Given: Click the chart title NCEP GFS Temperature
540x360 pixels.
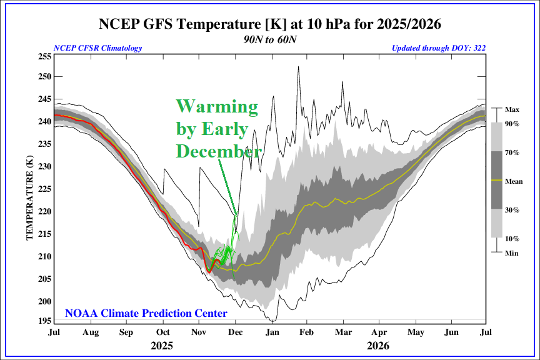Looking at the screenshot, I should pyautogui.click(x=270, y=24).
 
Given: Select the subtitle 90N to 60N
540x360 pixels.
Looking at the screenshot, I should pyautogui.click(x=270, y=38).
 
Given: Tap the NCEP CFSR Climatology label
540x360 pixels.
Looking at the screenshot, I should pyautogui.click(x=98, y=48).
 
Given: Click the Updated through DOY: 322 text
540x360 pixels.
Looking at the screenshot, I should pyautogui.click(x=439, y=48).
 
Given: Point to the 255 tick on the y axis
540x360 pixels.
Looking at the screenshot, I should pyautogui.click(x=44, y=56).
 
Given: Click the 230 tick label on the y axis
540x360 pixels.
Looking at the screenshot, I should pyautogui.click(x=44, y=166).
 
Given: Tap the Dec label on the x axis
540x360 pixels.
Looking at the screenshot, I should pyautogui.click(x=236, y=332).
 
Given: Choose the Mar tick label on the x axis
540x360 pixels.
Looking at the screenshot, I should pyautogui.click(x=342, y=332).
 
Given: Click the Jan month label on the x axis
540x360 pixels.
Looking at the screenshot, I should pyautogui.click(x=272, y=332).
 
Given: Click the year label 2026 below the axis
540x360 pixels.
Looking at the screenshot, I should pyautogui.click(x=379, y=345).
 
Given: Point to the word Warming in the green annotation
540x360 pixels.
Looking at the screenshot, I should pyautogui.click(x=216, y=107).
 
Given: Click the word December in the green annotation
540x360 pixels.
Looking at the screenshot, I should pyautogui.click(x=217, y=152).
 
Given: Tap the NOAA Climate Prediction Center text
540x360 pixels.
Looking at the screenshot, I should pyautogui.click(x=146, y=313).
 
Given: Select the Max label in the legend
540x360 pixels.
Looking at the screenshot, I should pyautogui.click(x=512, y=109).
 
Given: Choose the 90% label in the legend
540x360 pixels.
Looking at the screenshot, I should pyautogui.click(x=512, y=124).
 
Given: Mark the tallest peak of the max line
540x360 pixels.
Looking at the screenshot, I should pyautogui.click(x=298, y=66).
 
